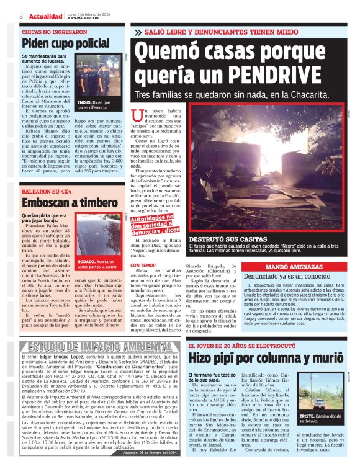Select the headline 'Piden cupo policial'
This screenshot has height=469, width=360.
click(x=65, y=43)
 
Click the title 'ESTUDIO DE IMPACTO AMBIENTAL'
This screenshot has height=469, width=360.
click(x=92, y=346)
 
